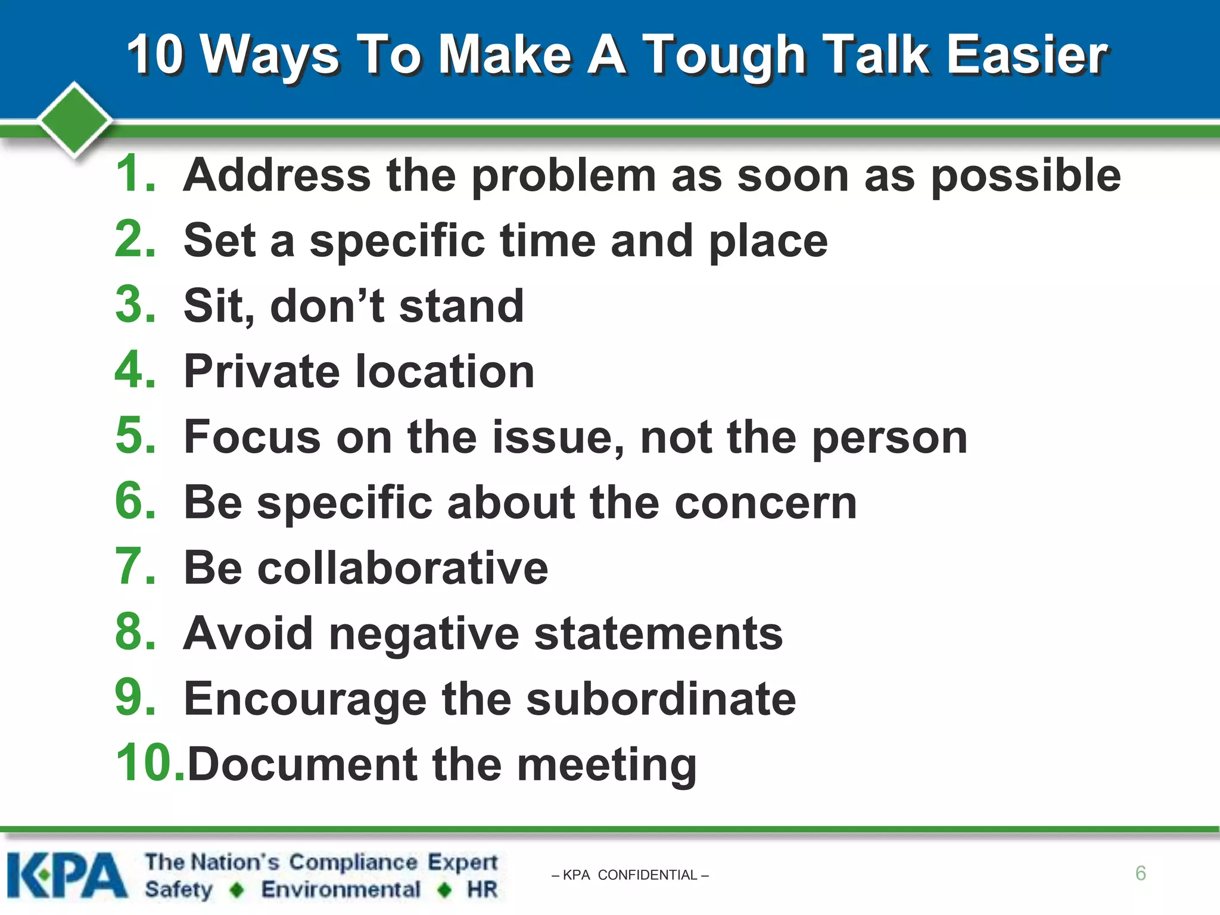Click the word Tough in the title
pos(725,57)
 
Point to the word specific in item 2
pos(397,242)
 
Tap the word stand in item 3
pos(461,306)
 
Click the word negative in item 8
pos(424,635)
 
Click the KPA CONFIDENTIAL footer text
pos(630,875)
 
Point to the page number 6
pos(1140,873)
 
